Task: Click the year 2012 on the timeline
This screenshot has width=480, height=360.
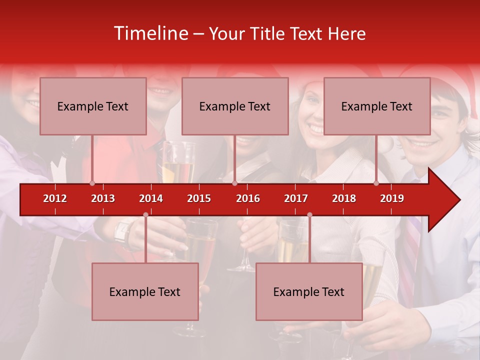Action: click(55, 198)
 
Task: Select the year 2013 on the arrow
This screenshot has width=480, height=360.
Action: click(103, 198)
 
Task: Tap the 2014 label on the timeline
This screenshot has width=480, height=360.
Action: click(151, 198)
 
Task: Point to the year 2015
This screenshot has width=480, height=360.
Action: click(199, 198)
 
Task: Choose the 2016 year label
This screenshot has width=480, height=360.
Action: click(248, 198)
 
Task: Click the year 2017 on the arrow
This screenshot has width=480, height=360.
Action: click(296, 198)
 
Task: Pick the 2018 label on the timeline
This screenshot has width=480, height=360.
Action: click(344, 198)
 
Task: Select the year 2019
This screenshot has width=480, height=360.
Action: click(392, 198)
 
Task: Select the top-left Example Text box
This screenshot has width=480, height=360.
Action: click(93, 106)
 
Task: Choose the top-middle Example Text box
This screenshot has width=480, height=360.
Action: click(235, 106)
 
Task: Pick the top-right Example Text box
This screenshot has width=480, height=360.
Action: click(377, 106)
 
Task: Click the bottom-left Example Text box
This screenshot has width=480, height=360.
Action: click(145, 291)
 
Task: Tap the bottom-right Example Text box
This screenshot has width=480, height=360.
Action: click(309, 291)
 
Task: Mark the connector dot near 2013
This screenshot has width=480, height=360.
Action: click(92, 183)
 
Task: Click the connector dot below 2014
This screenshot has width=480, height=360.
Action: click(145, 215)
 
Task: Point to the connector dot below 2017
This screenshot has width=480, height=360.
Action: click(309, 215)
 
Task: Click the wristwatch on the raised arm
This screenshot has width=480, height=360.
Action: click(123, 232)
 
